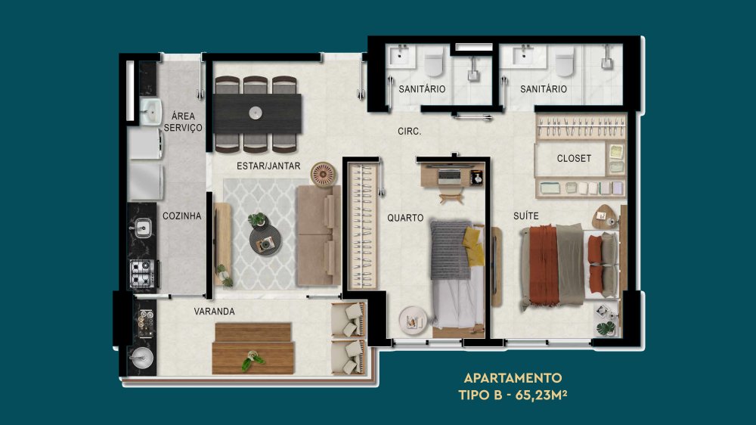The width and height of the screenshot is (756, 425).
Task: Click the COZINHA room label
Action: pyautogui.click(x=181, y=216)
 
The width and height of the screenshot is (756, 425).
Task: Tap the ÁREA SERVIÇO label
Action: pyautogui.click(x=183, y=122)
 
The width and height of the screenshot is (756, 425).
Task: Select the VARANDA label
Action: pyautogui.click(x=215, y=312)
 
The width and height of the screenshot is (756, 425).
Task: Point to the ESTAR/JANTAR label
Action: pyautogui.click(x=268, y=166)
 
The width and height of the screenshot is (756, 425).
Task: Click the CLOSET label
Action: pyautogui.click(x=574, y=158)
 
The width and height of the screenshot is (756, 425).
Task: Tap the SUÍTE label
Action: pyautogui.click(x=526, y=216)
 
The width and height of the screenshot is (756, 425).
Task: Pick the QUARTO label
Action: pyautogui.click(x=405, y=218)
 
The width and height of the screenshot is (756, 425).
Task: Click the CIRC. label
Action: pyautogui.click(x=409, y=132)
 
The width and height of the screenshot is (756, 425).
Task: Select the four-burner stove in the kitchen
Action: pyautogui.click(x=143, y=274)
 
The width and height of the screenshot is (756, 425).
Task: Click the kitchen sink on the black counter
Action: pyautogui.click(x=142, y=228)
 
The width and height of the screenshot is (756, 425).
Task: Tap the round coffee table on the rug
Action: pyautogui.click(x=265, y=240)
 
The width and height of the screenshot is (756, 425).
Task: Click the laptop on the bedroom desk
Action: pyautogui.click(x=449, y=176)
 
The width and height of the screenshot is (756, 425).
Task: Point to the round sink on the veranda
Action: pyautogui.click(x=142, y=358)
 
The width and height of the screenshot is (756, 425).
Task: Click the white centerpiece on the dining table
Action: pyautogui.click(x=256, y=113)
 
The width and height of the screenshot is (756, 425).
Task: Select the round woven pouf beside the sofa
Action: pyautogui.click(x=323, y=174)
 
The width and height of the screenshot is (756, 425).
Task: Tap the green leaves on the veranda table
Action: pyautogui.click(x=253, y=361)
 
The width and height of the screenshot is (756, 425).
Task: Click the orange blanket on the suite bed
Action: pyautogui.click(x=544, y=265)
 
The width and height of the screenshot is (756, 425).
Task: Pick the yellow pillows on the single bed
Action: pyautogui.click(x=472, y=246)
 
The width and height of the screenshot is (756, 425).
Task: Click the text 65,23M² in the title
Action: pyautogui.click(x=541, y=395)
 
